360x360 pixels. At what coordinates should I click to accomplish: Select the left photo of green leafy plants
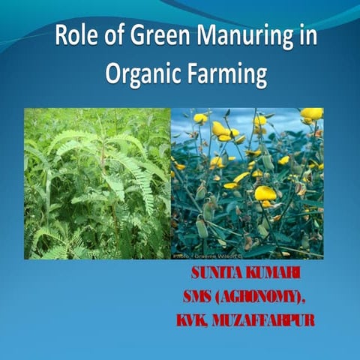pos(97,184)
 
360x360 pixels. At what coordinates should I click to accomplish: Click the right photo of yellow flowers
pos(247,184)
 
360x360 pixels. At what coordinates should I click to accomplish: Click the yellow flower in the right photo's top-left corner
pos(201,118)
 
